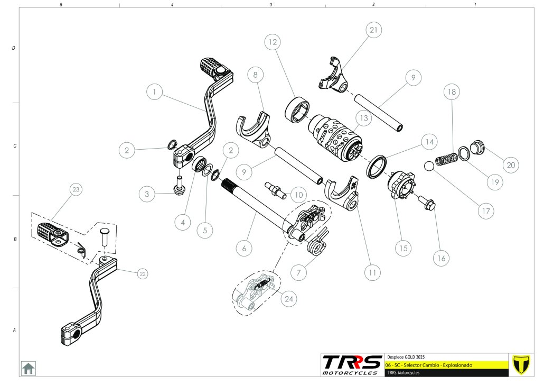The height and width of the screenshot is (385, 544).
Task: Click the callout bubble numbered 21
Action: [x=373, y=31]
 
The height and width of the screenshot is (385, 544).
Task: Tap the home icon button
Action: [x=28, y=368]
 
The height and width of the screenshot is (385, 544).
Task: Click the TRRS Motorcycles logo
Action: [x=352, y=364]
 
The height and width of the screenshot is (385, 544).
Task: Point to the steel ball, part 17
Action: [x=429, y=167]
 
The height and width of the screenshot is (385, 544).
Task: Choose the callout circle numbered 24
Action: [x=289, y=298]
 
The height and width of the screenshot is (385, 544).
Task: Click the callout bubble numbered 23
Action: [x=76, y=189]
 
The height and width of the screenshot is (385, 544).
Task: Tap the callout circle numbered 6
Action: [x=243, y=247]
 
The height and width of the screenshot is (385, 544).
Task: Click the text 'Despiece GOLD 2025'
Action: [x=406, y=356]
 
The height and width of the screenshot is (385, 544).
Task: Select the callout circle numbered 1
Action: [x=154, y=92]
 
